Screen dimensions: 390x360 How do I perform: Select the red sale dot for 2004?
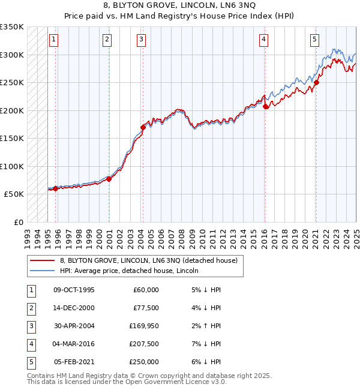pyautogui.click(x=143, y=127)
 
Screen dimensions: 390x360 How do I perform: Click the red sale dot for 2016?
pyautogui.click(x=265, y=106)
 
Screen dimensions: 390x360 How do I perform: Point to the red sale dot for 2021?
pyautogui.click(x=316, y=83)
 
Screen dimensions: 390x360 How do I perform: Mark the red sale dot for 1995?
pyautogui.click(x=56, y=188)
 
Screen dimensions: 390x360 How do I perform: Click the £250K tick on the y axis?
pyautogui.click(x=12, y=82)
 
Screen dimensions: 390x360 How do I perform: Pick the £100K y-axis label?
pyautogui.click(x=12, y=166)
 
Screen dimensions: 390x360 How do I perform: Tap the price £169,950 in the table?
pyautogui.click(x=144, y=326)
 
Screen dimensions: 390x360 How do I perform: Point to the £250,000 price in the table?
pyautogui.click(x=144, y=362)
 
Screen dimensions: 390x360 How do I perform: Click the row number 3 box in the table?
pyautogui.click(x=30, y=326)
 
